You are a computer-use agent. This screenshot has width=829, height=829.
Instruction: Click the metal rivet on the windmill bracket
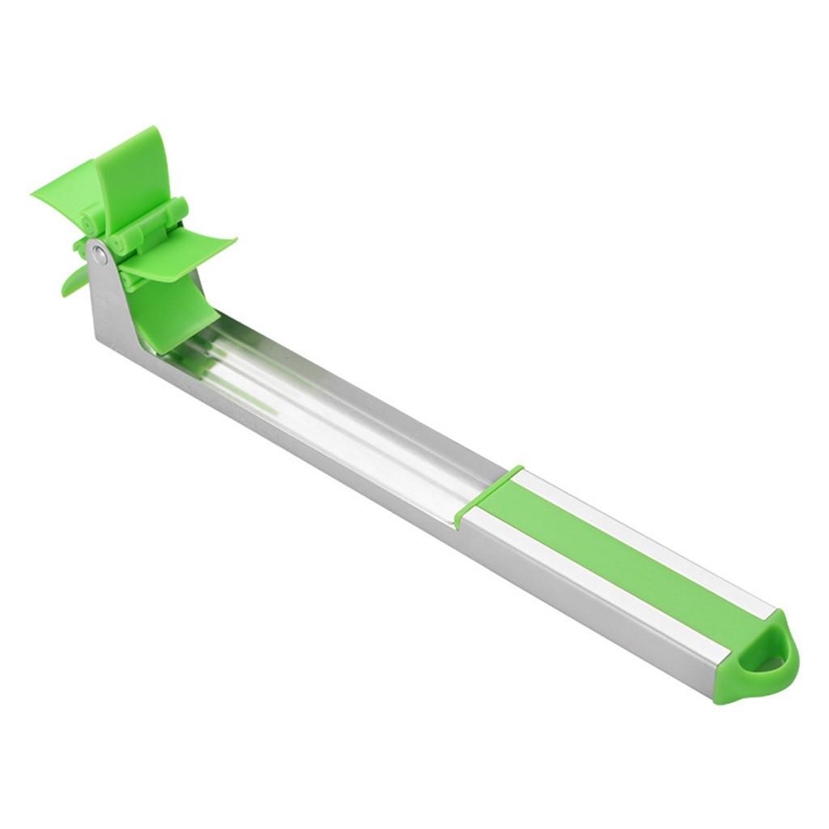(99, 255)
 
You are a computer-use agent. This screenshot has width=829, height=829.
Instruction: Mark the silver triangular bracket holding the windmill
(109, 300)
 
